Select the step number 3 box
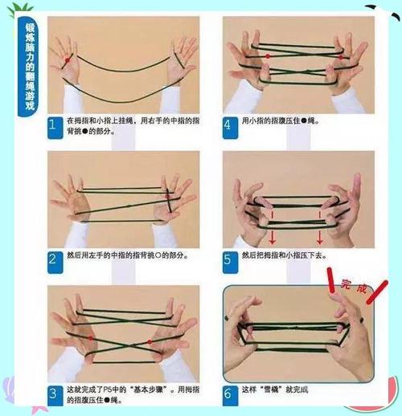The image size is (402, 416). [53, 393]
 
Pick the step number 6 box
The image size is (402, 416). [228, 393]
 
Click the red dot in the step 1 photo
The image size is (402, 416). [70, 59]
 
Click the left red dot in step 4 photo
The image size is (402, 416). [266, 57]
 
